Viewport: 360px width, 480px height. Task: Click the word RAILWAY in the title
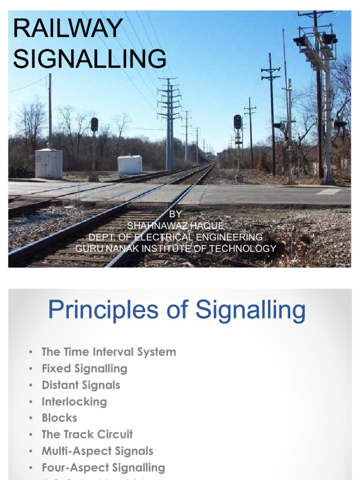coord(68,29)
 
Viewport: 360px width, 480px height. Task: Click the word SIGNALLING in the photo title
coord(90,59)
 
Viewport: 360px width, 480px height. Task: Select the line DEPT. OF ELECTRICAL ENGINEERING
coord(176,237)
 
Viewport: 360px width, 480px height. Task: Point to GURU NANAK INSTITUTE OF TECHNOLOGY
coord(176,248)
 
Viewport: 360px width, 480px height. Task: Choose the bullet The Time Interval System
coord(109,352)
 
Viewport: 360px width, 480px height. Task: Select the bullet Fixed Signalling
coord(84,368)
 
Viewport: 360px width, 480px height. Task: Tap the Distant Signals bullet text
coord(81,385)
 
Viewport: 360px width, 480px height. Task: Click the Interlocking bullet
coord(74,402)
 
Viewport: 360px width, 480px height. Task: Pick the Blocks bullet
coord(59,418)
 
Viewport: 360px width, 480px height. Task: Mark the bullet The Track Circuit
coord(87,435)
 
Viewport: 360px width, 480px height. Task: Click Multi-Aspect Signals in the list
coord(97,451)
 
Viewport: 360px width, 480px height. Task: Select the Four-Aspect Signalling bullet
coord(103,467)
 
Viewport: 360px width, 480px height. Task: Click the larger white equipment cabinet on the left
coord(48,164)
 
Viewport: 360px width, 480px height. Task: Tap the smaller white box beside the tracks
coord(129,165)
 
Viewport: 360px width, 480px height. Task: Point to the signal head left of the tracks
coord(94,125)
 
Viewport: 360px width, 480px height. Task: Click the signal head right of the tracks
coord(238,122)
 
